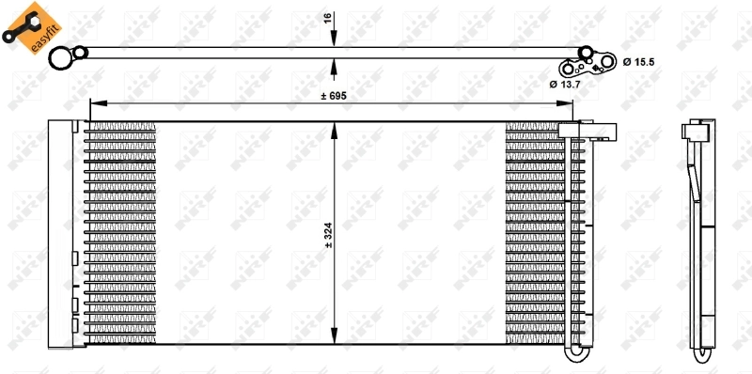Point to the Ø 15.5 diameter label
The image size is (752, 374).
click(637, 61)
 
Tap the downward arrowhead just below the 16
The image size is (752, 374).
click(336, 43)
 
